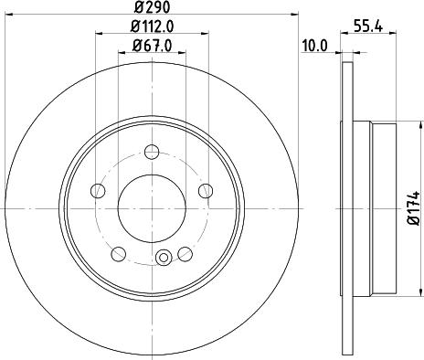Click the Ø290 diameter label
tap(153, 8)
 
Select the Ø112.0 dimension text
tap(152, 26)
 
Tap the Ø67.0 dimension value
tap(153, 46)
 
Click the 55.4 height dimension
tap(366, 27)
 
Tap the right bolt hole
tap(207, 190)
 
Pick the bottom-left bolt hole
tap(120, 251)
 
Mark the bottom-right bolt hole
tap(185, 251)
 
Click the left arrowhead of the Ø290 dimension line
tap(7, 15)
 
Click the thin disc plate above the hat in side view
tap(347, 91)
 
